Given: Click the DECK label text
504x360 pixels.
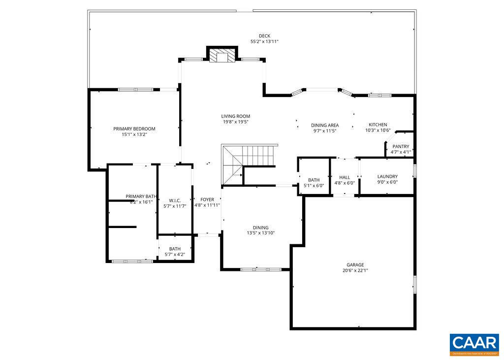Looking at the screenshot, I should coord(264,36).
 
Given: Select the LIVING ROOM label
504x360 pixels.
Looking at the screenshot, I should coord(236,117).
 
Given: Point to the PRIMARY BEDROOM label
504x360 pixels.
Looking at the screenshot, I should coord(134,129).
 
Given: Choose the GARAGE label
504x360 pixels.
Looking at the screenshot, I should coord(355,265).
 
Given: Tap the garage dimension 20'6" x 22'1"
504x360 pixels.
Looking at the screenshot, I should coord(355,270).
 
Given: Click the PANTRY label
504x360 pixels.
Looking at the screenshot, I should coord(401,147).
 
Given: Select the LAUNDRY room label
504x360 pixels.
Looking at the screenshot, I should coord(387,177).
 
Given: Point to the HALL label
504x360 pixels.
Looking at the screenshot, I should coord(345,177).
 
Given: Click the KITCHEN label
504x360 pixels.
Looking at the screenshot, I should coord(378,125).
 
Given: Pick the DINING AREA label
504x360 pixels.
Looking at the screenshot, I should coord(325,126).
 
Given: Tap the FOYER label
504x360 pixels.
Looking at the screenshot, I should coord(207,199).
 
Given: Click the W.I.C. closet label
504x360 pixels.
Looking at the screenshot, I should coord(175,200).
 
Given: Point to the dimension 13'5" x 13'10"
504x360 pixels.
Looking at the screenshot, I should coord(261,233).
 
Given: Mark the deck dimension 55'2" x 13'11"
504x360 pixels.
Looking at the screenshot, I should coord(264,42).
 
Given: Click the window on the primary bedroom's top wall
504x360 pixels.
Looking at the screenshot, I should coord(135,90).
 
